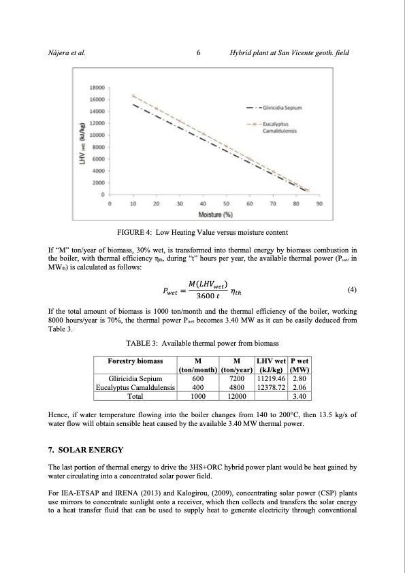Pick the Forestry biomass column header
tap(135, 361)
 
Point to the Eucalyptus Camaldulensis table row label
tap(135, 386)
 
